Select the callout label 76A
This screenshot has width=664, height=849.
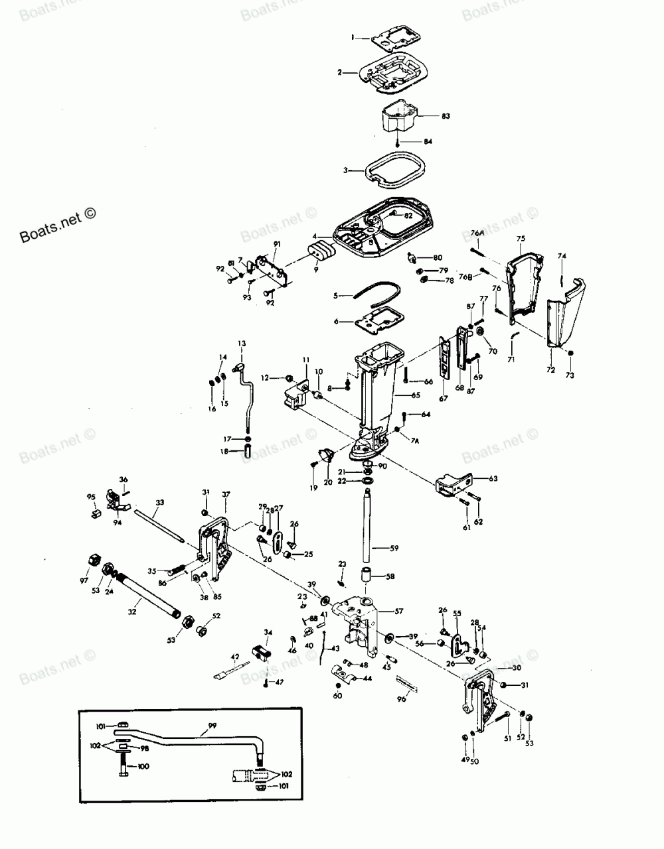tap(477, 233)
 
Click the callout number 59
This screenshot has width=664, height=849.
tap(394, 548)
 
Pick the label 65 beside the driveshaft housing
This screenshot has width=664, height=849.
tap(416, 395)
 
